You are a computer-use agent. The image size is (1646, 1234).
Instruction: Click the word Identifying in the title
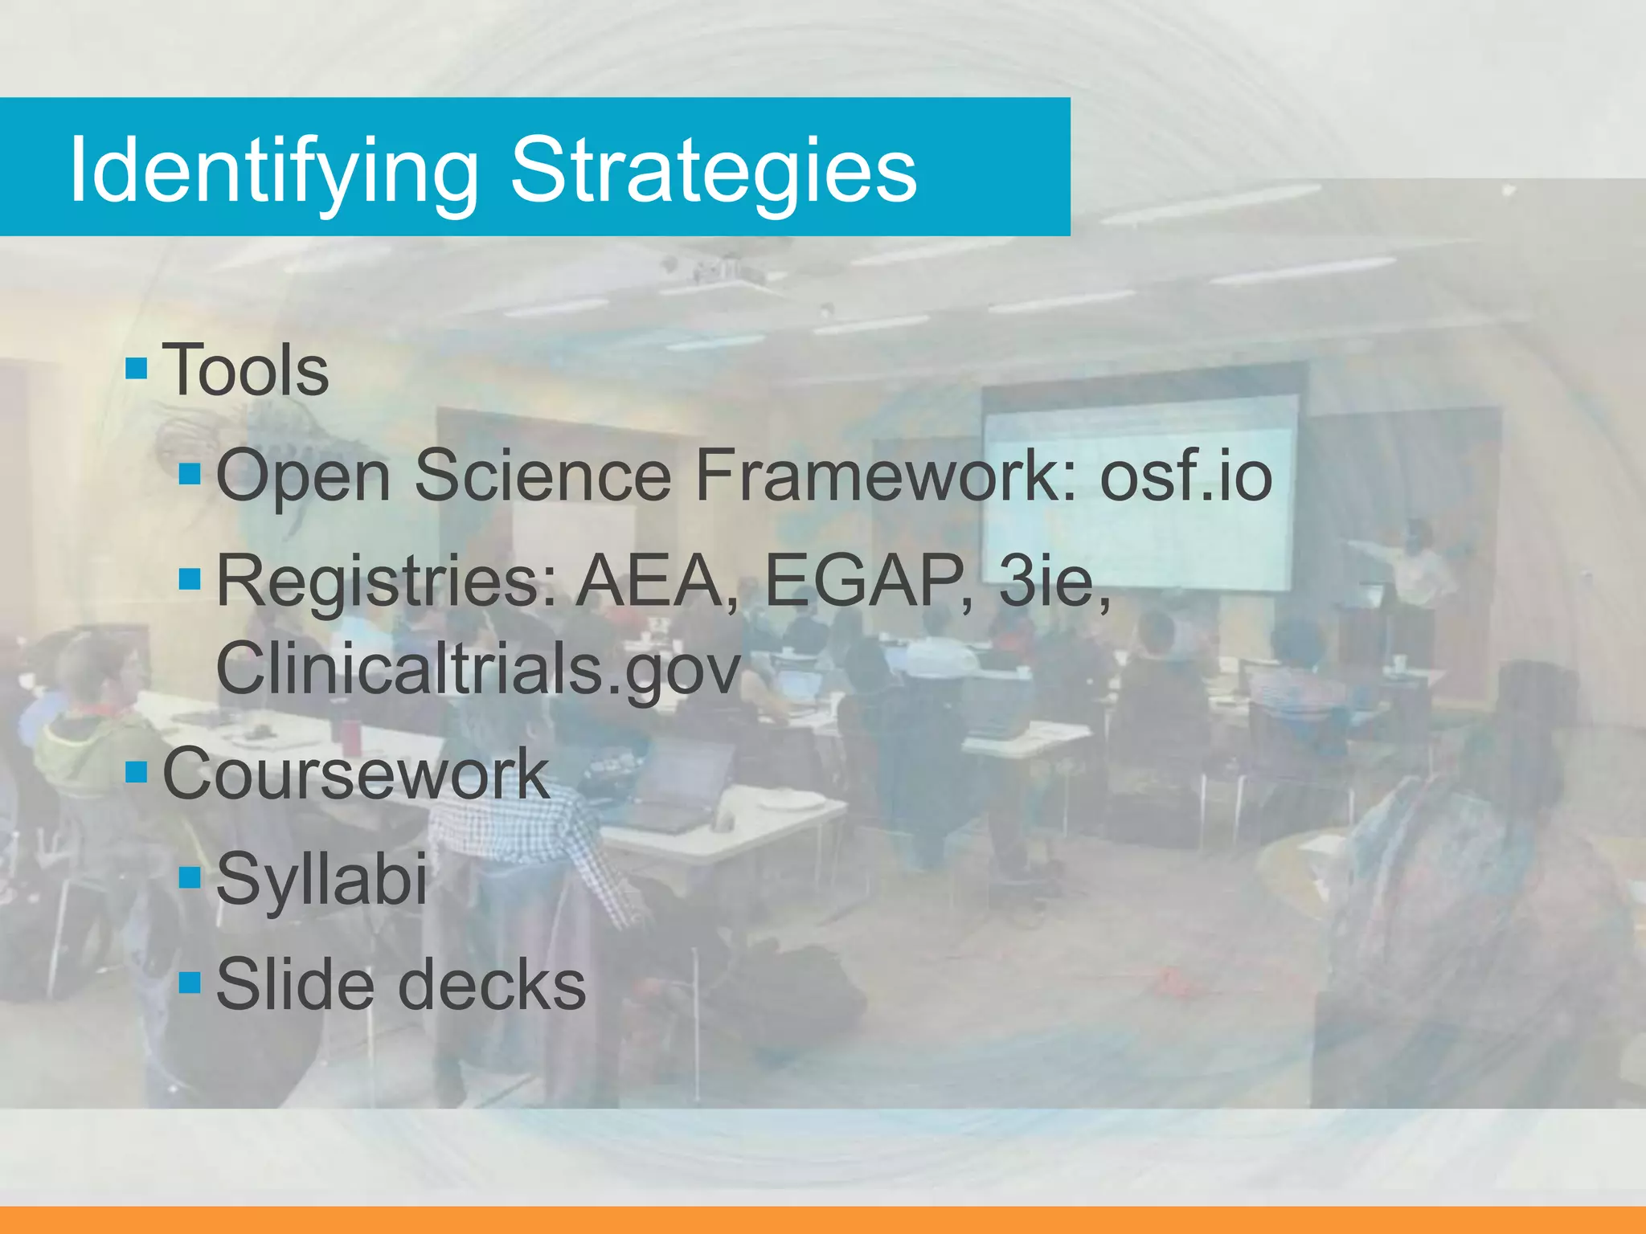click(273, 170)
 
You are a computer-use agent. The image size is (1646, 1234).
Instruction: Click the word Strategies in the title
click(714, 170)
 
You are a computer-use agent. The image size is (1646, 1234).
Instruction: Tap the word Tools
click(246, 370)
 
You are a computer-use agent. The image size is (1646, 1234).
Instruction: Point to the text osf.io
click(1186, 476)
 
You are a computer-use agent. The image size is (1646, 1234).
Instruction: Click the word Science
click(543, 476)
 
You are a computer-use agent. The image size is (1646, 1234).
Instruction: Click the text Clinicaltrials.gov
click(478, 668)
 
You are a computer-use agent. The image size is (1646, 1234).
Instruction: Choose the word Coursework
click(356, 774)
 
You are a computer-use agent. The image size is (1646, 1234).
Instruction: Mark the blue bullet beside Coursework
click(137, 772)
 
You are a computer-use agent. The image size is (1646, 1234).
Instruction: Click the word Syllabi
click(321, 880)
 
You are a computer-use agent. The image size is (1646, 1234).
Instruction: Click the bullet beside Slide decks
click(190, 982)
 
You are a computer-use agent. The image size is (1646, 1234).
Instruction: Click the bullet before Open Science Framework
click(190, 473)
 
